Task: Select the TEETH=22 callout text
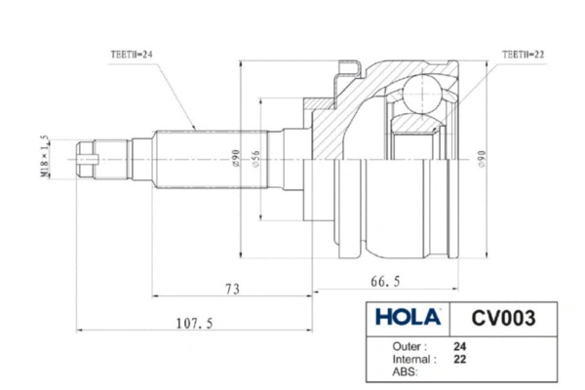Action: pyautogui.click(x=524, y=53)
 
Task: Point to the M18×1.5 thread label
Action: pyautogui.click(x=71, y=152)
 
